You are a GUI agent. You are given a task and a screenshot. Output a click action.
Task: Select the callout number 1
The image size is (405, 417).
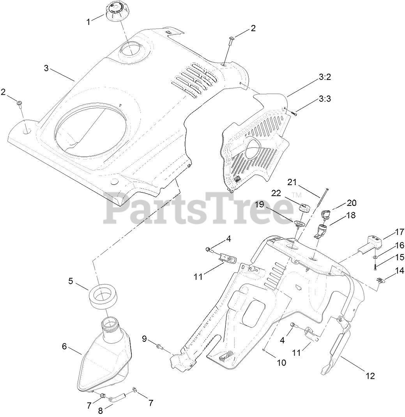(x=88, y=21)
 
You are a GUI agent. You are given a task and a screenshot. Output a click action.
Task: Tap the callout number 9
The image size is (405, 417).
(x=144, y=339)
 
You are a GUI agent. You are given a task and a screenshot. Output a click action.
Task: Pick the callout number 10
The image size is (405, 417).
(x=281, y=362)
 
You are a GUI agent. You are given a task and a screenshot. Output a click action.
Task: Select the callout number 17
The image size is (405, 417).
(x=399, y=232)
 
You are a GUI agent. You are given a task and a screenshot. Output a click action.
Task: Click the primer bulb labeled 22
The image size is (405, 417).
(x=304, y=207)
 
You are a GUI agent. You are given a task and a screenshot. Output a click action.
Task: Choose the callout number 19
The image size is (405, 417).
(x=259, y=204)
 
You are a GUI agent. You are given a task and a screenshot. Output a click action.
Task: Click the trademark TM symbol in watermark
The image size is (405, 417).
(x=297, y=195)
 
